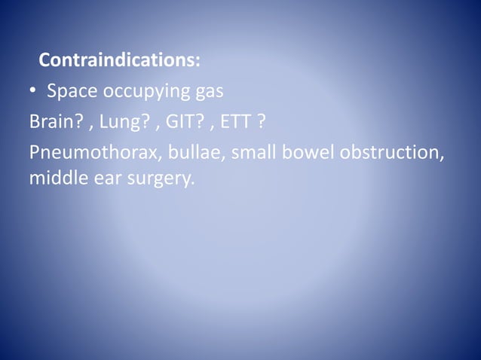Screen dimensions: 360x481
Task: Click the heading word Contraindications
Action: [117, 59]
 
